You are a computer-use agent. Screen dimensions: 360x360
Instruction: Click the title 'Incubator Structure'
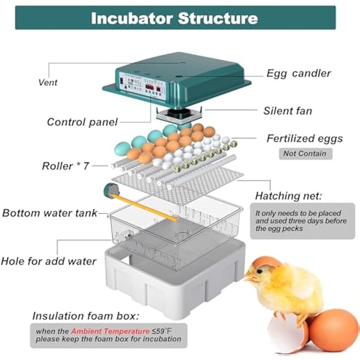(x=175, y=18)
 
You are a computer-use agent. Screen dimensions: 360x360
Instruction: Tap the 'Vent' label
(x=48, y=82)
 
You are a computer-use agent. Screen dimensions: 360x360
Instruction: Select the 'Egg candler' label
(x=298, y=73)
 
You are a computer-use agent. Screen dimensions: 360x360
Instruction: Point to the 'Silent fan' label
(x=288, y=111)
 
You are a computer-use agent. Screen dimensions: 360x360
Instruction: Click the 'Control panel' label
(x=82, y=122)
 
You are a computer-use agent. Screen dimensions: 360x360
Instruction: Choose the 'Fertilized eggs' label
(x=305, y=139)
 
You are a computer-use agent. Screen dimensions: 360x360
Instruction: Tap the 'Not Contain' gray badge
(x=306, y=153)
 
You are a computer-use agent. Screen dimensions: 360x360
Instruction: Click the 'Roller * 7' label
(x=65, y=166)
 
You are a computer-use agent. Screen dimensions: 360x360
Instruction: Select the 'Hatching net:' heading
(x=288, y=196)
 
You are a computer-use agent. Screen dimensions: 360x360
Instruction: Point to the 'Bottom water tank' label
(x=50, y=213)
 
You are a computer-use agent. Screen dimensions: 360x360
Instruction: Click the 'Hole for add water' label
(x=49, y=261)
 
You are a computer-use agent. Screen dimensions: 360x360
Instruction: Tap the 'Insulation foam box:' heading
(x=85, y=316)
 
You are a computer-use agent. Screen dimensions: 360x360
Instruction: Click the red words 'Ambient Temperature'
(x=110, y=331)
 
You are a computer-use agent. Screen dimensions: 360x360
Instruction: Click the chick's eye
(x=260, y=272)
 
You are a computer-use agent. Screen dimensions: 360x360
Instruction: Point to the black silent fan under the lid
(x=180, y=113)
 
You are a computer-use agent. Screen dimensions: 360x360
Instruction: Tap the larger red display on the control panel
(x=149, y=87)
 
